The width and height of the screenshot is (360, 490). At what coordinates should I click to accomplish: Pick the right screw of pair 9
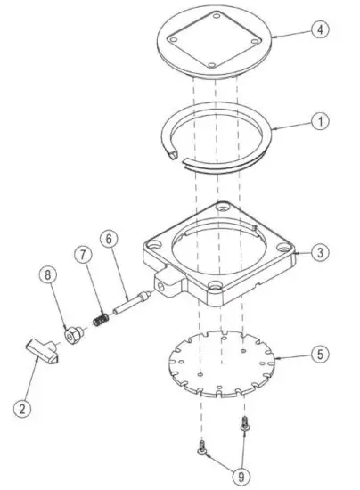click(241, 429)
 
